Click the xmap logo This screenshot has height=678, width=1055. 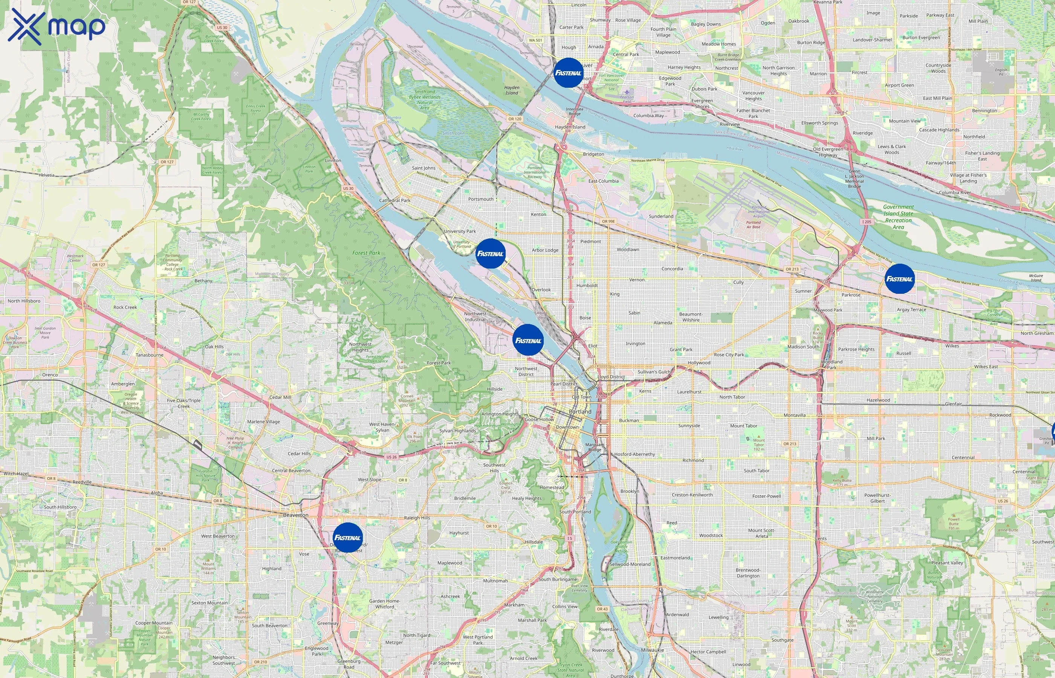pos(57,26)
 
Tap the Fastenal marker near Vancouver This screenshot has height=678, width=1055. pos(568,73)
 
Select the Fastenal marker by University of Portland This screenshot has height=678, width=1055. pos(490,253)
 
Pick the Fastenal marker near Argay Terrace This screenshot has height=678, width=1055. pos(899,279)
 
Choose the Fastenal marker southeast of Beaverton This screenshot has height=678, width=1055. pos(347,538)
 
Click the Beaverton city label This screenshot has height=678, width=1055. pos(295,515)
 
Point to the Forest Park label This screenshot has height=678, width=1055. pos(366,253)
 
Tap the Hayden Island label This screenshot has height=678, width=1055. pos(570,127)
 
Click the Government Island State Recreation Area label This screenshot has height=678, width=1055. pos(898,217)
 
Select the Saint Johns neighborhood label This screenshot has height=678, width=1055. pos(424,168)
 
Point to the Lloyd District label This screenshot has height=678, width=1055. pos(611,377)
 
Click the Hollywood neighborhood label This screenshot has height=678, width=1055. pos(699,363)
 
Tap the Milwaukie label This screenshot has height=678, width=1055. pos(652,650)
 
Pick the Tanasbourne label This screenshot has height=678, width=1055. pos(149,355)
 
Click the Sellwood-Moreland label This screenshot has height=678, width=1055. pos(630,564)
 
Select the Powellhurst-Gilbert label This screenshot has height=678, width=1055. pos(877,498)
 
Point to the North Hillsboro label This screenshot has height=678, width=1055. pos(24,301)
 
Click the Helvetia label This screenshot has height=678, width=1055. pos(46,175)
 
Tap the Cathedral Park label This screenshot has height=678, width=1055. pos(394,200)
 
